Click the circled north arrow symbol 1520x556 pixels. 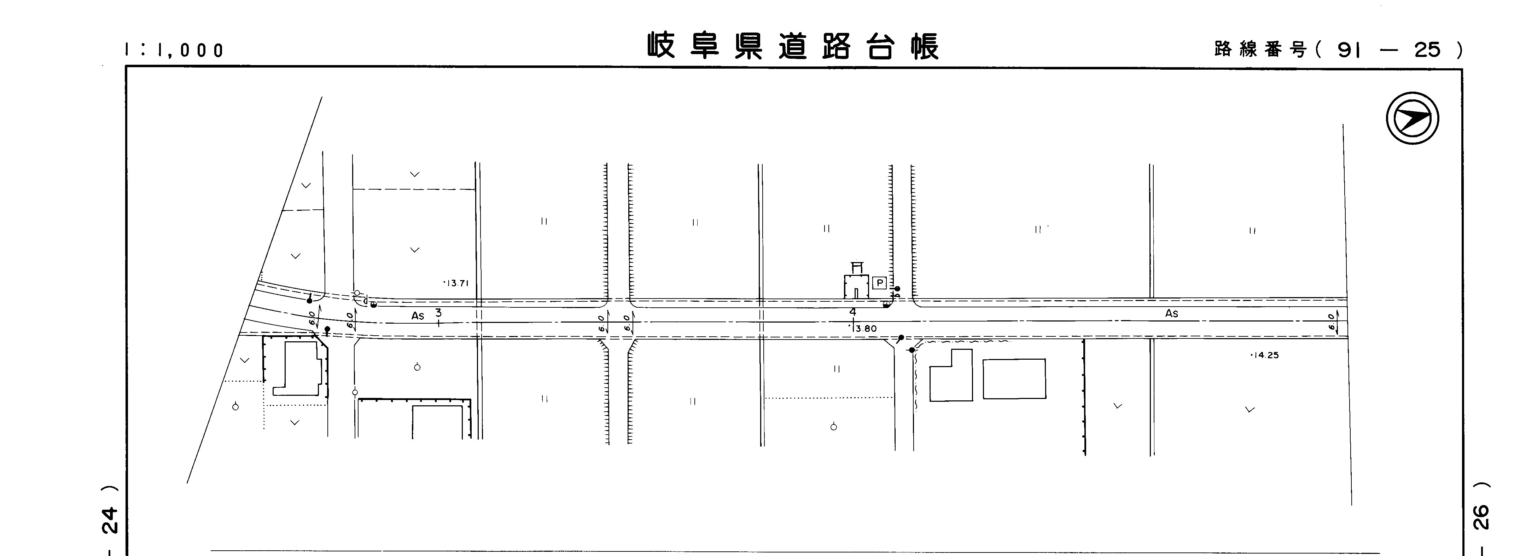[x=1412, y=118]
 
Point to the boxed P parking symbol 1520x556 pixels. [x=879, y=283]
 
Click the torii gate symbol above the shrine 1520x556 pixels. [x=857, y=267]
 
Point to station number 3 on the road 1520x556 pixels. [x=438, y=312]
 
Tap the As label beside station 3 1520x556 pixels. [x=418, y=316]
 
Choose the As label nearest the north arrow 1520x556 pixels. [x=1171, y=313]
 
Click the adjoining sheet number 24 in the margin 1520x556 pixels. [x=110, y=520]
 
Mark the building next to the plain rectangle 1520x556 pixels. [x=951, y=376]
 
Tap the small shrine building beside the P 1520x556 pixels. [x=856, y=286]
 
